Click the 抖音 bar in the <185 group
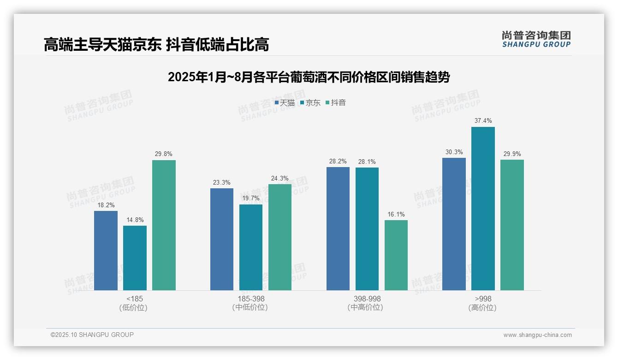[x=164, y=225]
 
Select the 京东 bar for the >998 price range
[x=483, y=209]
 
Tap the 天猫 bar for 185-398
[x=222, y=239]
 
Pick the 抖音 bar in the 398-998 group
[x=396, y=255]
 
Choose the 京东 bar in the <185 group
[x=135, y=258]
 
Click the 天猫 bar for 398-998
[x=338, y=228]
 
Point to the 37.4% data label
[x=483, y=121]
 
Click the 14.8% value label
[x=135, y=220]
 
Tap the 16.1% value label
[x=396, y=214]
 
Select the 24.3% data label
[x=280, y=178]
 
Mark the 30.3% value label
[x=454, y=152]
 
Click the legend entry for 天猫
[x=285, y=103]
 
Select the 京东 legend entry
[x=310, y=103]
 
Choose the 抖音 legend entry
[x=336, y=103]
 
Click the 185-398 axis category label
[x=251, y=299]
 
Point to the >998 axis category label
[x=483, y=299]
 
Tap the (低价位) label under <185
[x=133, y=308]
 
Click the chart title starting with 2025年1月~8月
[x=309, y=77]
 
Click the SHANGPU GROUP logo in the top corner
[x=536, y=39]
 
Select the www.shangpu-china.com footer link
[x=537, y=335]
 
